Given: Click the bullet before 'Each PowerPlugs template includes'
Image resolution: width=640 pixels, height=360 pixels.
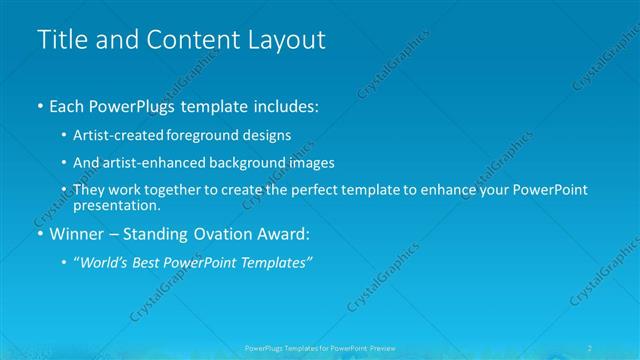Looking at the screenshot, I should pyautogui.click(x=39, y=105).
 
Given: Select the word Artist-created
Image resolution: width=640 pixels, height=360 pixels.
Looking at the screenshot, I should pyautogui.click(x=114, y=134).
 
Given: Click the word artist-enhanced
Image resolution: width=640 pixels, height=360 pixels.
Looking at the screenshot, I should pyautogui.click(x=142, y=162).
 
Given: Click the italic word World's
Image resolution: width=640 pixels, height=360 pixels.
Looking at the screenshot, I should pyautogui.click(x=104, y=263).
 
